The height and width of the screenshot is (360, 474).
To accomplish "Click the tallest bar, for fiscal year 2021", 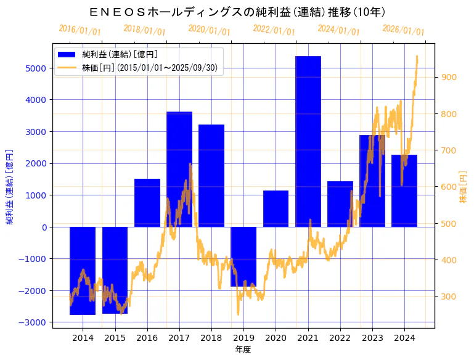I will point(308,141).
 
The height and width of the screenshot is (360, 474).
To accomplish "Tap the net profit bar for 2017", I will point(179,169).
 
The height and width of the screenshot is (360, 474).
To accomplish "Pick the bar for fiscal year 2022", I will point(340,204).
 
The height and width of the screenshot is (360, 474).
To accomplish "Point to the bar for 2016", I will point(147,203).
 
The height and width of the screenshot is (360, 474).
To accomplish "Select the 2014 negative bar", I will point(83,271).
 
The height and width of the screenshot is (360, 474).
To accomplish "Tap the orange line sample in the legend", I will point(67,68).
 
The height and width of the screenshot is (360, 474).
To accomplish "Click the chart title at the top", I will point(237,12).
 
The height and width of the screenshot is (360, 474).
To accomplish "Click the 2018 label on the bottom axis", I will point(211,338).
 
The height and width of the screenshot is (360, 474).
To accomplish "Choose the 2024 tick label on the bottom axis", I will point(404,338).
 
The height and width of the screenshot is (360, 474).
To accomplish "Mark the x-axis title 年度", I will point(243,350).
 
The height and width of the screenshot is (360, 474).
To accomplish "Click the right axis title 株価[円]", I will point(464,187).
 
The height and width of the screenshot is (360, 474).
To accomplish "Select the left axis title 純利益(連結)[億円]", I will point(10,186).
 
